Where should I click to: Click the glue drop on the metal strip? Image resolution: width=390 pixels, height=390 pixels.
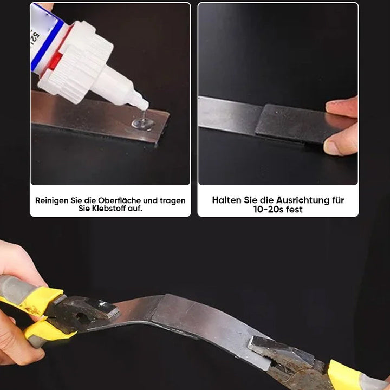point(143,123)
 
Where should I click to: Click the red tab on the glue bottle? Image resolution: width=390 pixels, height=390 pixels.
point(55,61)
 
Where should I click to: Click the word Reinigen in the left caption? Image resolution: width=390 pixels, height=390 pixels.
point(52,201)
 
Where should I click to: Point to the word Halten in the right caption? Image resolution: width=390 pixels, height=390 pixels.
point(226,200)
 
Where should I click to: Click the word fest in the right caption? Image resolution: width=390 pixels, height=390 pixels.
point(294,210)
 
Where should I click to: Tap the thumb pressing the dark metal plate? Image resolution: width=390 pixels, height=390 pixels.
point(340,144)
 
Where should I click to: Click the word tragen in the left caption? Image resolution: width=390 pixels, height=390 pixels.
point(173,201)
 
